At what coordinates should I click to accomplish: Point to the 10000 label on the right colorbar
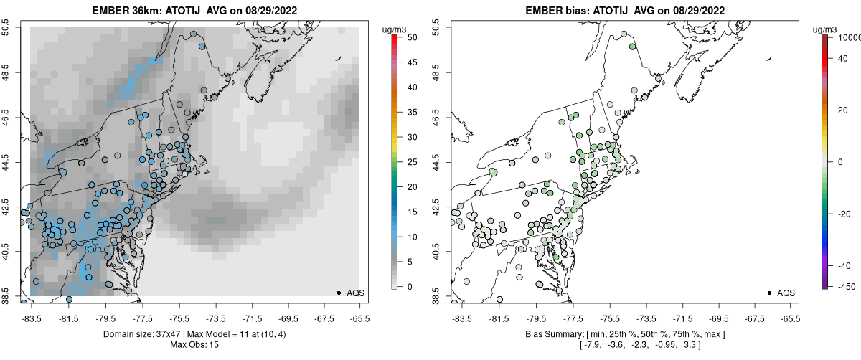click(x=848, y=37)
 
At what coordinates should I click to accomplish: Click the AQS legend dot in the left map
click(x=339, y=293)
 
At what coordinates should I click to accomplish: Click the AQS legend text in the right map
click(x=786, y=293)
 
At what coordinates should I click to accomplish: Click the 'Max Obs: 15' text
click(x=194, y=345)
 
